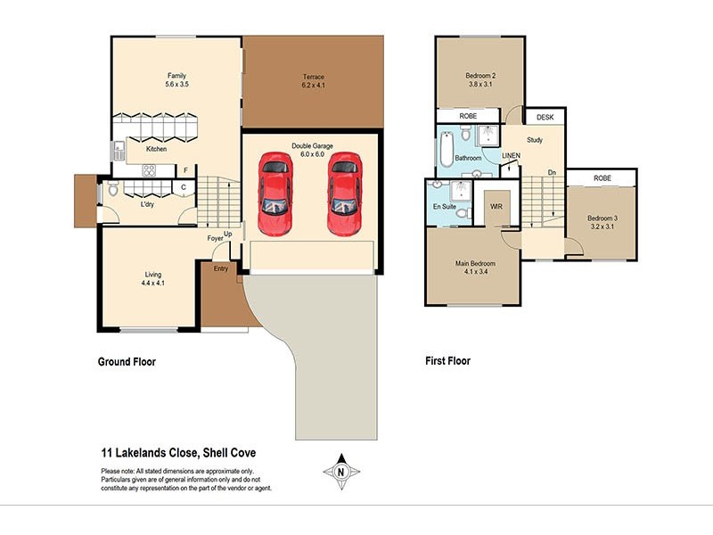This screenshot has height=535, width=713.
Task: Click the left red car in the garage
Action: coord(275,193)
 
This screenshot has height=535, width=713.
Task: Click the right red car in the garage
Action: coord(344,193)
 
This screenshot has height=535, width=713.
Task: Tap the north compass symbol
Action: coord(340,471)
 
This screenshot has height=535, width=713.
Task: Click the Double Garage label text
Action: coord(311,145)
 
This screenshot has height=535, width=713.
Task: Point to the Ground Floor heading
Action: coord(132,362)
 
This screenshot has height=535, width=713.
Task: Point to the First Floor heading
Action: coord(447,362)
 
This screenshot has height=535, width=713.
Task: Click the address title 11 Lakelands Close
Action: coord(178,453)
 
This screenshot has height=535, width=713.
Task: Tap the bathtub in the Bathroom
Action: coord(447,150)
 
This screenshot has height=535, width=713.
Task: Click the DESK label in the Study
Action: coord(544,117)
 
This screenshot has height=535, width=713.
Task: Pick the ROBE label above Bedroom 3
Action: coord(602,178)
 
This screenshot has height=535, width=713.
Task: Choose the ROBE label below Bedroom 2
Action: coord(467,117)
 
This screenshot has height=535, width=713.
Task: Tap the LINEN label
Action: coord(511,156)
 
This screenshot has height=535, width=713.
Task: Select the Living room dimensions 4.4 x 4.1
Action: coord(153,284)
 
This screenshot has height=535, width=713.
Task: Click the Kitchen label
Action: coord(156,149)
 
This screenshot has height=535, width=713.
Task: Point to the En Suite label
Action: coord(444,206)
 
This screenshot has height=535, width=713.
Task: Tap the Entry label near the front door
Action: coord(219,267)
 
